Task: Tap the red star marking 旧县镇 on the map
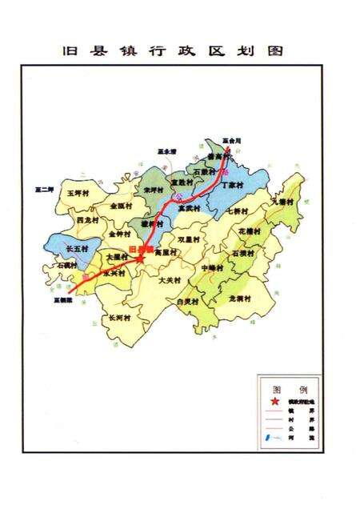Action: [x=141, y=258]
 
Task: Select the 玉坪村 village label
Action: [x=77, y=193]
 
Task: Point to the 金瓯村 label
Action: [x=122, y=206]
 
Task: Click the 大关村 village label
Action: [x=170, y=280]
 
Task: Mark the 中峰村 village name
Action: [x=212, y=267]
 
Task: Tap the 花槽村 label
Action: [x=250, y=230]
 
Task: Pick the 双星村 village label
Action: [x=189, y=238]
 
